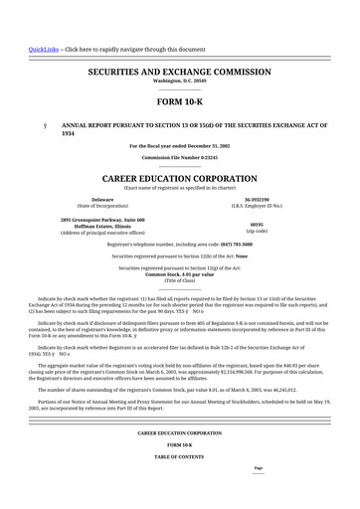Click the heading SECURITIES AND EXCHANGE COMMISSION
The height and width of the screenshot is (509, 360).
[180, 73]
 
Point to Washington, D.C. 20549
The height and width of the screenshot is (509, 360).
[180, 83]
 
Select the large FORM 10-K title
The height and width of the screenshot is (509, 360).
[180, 102]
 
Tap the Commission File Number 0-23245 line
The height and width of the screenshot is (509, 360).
[180, 157]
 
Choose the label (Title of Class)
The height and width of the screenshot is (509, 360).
[180, 280]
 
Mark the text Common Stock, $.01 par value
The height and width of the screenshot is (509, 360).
[180, 274]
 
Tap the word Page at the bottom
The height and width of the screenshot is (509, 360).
[258, 467]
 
